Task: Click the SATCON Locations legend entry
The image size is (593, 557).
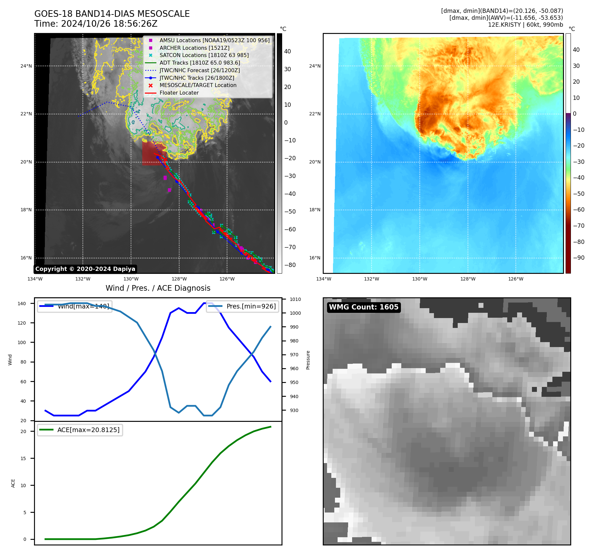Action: click(204, 55)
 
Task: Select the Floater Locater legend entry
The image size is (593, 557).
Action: click(179, 93)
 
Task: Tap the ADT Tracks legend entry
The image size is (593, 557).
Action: click(200, 63)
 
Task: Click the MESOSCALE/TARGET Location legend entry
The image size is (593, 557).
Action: click(198, 85)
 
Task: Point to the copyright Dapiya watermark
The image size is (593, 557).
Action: click(85, 269)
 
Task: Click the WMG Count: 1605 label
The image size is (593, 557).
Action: click(364, 307)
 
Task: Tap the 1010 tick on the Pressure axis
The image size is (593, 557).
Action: click(295, 300)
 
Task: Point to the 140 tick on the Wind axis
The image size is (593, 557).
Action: click(22, 304)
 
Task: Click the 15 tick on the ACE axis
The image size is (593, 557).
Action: click(23, 458)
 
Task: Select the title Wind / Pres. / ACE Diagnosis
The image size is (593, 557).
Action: click(158, 288)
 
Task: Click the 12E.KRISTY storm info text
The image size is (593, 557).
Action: click(525, 25)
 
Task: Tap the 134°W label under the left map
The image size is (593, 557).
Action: click(35, 279)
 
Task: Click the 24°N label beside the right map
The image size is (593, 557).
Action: click(315, 66)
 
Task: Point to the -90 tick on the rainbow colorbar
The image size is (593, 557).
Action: click(578, 258)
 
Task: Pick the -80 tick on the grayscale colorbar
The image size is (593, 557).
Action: click(290, 265)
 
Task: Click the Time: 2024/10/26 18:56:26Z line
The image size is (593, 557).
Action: click(96, 24)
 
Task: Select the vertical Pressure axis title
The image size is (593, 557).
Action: click(308, 360)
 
